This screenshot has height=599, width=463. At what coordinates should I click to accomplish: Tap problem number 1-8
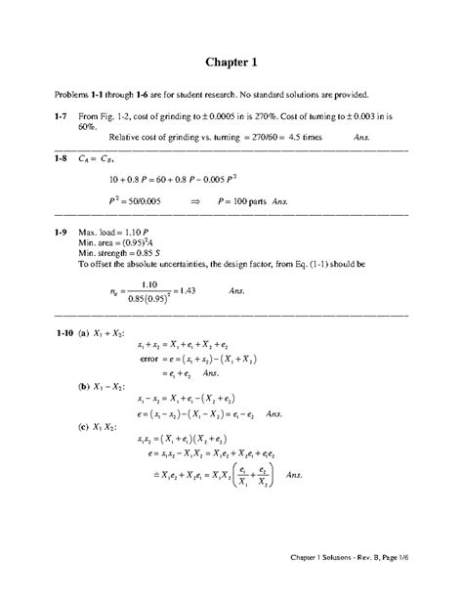pyautogui.click(x=64, y=158)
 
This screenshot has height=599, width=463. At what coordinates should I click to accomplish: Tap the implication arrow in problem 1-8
pyautogui.click(x=194, y=198)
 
